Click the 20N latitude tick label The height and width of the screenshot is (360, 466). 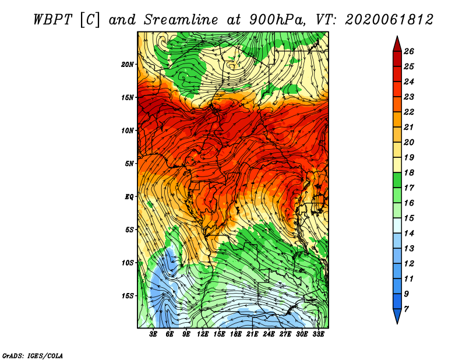click(x=128, y=65)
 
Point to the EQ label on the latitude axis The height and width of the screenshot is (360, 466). click(x=129, y=197)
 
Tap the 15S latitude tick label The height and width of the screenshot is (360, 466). click(x=128, y=296)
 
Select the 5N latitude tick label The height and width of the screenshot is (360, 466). click(x=129, y=164)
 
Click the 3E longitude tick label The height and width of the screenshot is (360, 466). click(x=153, y=334)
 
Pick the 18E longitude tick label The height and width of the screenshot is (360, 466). click(x=236, y=334)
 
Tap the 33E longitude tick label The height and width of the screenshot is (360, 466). click(x=318, y=334)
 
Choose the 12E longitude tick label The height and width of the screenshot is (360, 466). click(x=203, y=334)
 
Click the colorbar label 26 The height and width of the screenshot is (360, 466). click(x=409, y=51)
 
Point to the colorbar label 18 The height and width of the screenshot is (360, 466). click(x=409, y=172)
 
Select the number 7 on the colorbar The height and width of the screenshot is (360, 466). click(x=406, y=309)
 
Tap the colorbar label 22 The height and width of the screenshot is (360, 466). click(x=409, y=112)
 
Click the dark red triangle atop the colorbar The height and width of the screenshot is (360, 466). click(x=397, y=45)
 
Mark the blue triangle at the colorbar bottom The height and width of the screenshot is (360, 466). click(x=397, y=315)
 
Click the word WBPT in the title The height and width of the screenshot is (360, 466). click(x=52, y=20)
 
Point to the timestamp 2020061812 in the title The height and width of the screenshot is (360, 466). click(x=389, y=20)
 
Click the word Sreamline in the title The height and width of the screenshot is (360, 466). click(x=181, y=20)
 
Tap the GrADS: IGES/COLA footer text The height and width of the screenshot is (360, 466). click(x=33, y=356)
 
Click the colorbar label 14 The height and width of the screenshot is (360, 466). click(x=409, y=234)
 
